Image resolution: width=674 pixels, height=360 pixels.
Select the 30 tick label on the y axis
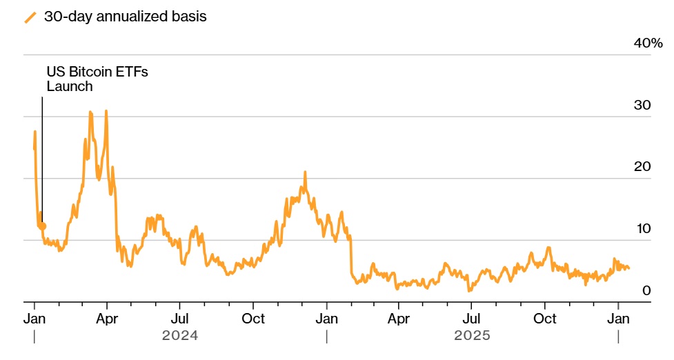click(642, 106)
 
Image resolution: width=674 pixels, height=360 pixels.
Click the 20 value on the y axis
click(642, 168)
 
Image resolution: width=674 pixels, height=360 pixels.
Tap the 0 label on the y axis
click(646, 291)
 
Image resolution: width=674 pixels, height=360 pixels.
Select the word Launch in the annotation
click(69, 86)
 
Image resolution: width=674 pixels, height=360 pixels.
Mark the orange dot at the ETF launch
click(43, 226)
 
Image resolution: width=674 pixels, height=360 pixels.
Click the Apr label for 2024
click(108, 319)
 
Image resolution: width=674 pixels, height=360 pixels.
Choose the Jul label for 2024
click(180, 319)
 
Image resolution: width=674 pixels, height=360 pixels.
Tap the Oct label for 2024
click(254, 319)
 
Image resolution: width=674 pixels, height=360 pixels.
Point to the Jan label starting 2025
click(326, 319)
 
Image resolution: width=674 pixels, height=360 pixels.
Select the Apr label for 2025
click(399, 319)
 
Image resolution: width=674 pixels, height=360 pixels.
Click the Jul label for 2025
click(471, 319)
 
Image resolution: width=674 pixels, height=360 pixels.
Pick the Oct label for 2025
click(545, 319)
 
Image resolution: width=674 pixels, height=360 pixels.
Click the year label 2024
click(180, 336)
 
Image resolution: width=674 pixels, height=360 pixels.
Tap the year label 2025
click(473, 336)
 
